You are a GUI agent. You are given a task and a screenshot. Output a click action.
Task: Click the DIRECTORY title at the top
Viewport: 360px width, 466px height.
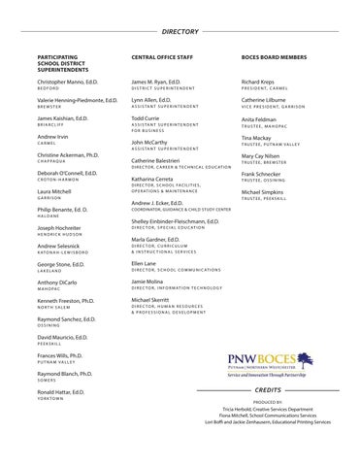click(x=180, y=32)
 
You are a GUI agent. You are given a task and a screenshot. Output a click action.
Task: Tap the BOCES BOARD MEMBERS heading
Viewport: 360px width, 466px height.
click(x=278, y=58)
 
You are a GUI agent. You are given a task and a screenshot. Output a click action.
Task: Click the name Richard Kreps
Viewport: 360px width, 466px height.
click(x=260, y=84)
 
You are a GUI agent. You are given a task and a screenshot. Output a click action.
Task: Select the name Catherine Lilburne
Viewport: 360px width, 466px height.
click(x=267, y=101)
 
